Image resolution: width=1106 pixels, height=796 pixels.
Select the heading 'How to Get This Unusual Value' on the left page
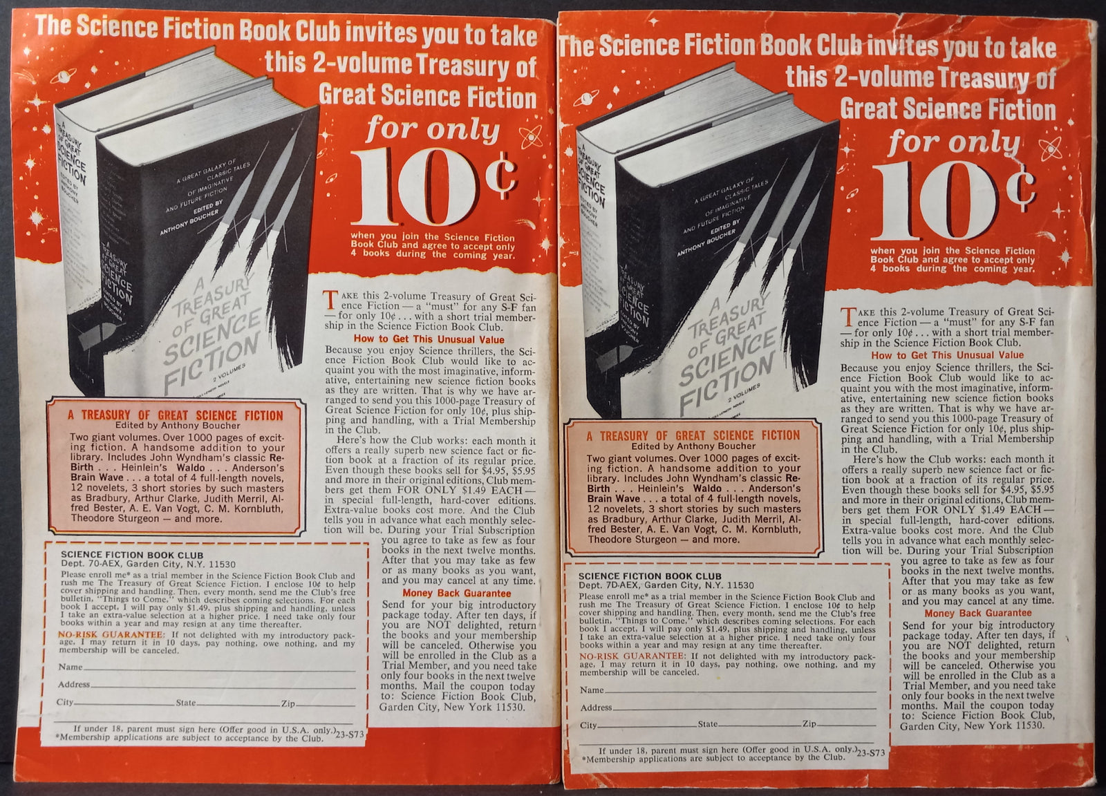429,339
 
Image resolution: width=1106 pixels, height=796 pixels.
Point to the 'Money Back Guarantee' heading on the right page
977,613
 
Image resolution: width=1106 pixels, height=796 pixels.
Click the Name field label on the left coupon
71,667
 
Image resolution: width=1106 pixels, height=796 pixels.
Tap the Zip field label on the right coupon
809,724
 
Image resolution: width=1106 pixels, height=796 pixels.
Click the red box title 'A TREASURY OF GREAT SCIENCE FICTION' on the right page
693,436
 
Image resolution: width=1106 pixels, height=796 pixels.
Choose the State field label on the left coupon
185,703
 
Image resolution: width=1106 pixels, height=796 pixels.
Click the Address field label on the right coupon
595,708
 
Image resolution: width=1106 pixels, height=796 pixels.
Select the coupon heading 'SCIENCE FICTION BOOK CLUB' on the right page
649,576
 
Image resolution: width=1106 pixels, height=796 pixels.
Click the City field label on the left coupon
65,703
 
